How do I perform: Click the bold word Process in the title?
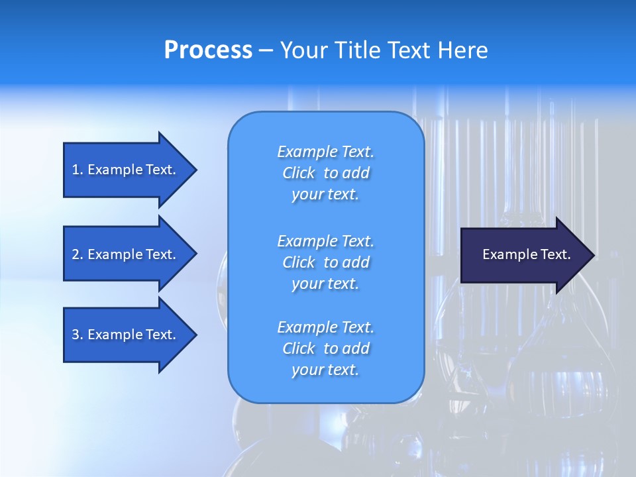tap(208, 50)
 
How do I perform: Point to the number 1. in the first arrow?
tap(78, 170)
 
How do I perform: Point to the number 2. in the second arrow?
tap(78, 254)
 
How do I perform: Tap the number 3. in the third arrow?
tap(78, 335)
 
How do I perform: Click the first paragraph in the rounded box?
tap(325, 173)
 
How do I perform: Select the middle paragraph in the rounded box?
tap(325, 262)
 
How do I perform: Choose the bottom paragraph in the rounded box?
tap(325, 348)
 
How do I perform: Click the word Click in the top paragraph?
tap(299, 173)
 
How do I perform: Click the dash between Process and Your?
tap(266, 50)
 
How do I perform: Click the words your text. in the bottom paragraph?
tap(325, 370)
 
